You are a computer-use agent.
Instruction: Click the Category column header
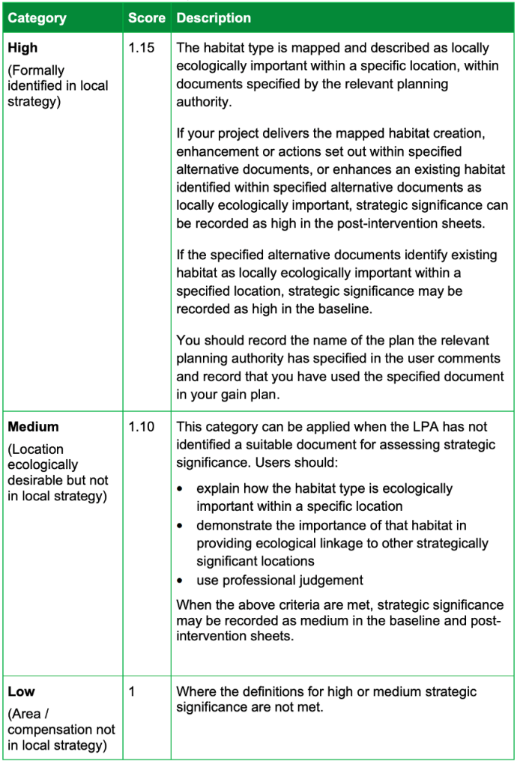(x=37, y=17)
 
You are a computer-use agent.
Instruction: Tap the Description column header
(x=214, y=17)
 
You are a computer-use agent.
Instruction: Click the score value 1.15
(x=141, y=48)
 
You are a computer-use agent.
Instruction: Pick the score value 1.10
(x=141, y=427)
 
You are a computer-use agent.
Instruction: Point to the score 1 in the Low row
(x=132, y=691)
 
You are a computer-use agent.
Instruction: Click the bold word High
(x=22, y=48)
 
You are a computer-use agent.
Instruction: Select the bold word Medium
(x=33, y=427)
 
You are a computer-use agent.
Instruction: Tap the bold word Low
(x=21, y=691)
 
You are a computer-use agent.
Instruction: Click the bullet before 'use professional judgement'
(x=180, y=580)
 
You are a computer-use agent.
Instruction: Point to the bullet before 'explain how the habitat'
(x=180, y=488)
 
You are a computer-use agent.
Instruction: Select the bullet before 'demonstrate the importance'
(x=180, y=526)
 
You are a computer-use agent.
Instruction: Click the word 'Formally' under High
(x=38, y=70)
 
